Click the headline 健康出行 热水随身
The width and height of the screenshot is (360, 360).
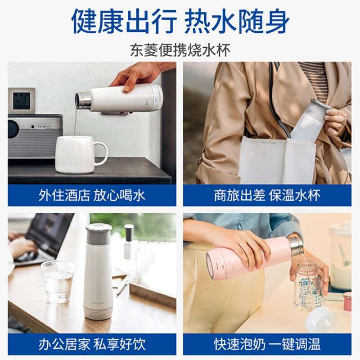pyautogui.click(x=180, y=21)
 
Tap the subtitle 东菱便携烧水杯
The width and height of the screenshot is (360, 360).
pyautogui.click(x=180, y=50)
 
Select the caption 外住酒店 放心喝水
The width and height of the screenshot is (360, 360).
pyautogui.click(x=92, y=195)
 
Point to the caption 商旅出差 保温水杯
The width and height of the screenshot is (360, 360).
pyautogui.click(x=267, y=195)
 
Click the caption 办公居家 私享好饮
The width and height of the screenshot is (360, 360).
pyautogui.click(x=92, y=344)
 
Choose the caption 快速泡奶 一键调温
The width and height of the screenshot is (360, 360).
pyautogui.click(x=267, y=344)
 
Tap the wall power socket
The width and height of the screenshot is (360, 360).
pyautogui.click(x=21, y=101)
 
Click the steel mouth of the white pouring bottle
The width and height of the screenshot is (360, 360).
pyautogui.click(x=83, y=100)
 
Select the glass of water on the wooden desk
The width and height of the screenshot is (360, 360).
pyautogui.click(x=58, y=281)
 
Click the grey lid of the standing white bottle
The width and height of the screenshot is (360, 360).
pyautogui.click(x=99, y=234)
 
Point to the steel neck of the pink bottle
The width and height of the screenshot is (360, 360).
pyautogui.click(x=296, y=246)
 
